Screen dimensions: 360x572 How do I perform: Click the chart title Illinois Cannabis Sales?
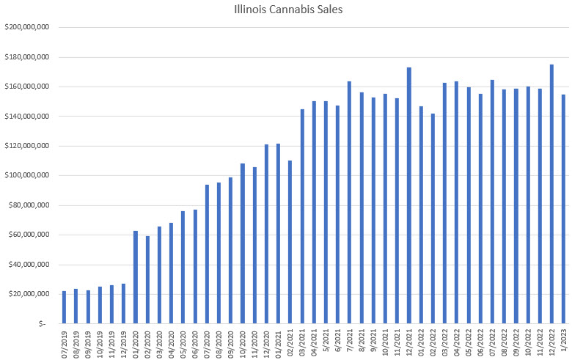(x=286, y=10)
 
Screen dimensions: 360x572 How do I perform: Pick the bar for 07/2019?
(x=64, y=307)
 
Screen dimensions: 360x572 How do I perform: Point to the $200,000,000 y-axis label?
(x=26, y=27)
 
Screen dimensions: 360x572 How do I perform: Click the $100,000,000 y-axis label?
(x=26, y=176)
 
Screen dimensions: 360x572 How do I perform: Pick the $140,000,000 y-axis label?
(x=26, y=117)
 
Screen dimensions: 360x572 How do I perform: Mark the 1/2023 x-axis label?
(x=563, y=342)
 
